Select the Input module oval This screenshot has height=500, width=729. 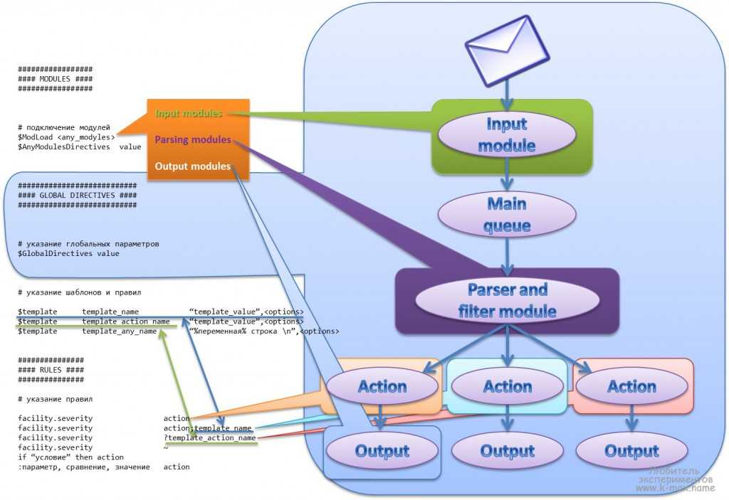pyautogui.click(x=506, y=135)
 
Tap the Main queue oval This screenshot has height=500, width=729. pyautogui.click(x=507, y=215)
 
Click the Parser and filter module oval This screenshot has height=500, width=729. pyautogui.click(x=507, y=300)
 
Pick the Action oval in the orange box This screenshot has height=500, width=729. pyautogui.click(x=382, y=387)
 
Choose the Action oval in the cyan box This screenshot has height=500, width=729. pyautogui.click(x=508, y=387)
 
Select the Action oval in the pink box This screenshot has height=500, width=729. pyautogui.click(x=631, y=387)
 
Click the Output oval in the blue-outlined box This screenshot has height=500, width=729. pyautogui.click(x=382, y=451)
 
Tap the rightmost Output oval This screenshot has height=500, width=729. pyautogui.click(x=631, y=451)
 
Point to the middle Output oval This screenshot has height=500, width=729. pyautogui.click(x=508, y=451)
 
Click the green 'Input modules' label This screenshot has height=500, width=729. pyautogui.click(x=189, y=114)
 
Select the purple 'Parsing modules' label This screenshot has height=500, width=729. pyautogui.click(x=193, y=140)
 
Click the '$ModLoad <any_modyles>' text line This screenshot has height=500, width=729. pyautogui.click(x=67, y=137)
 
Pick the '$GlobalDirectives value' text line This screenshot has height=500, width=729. pyautogui.click(x=68, y=253)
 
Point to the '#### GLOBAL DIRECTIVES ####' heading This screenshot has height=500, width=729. pyautogui.click(x=77, y=195)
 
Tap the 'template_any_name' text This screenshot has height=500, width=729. pyautogui.click(x=119, y=331)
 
